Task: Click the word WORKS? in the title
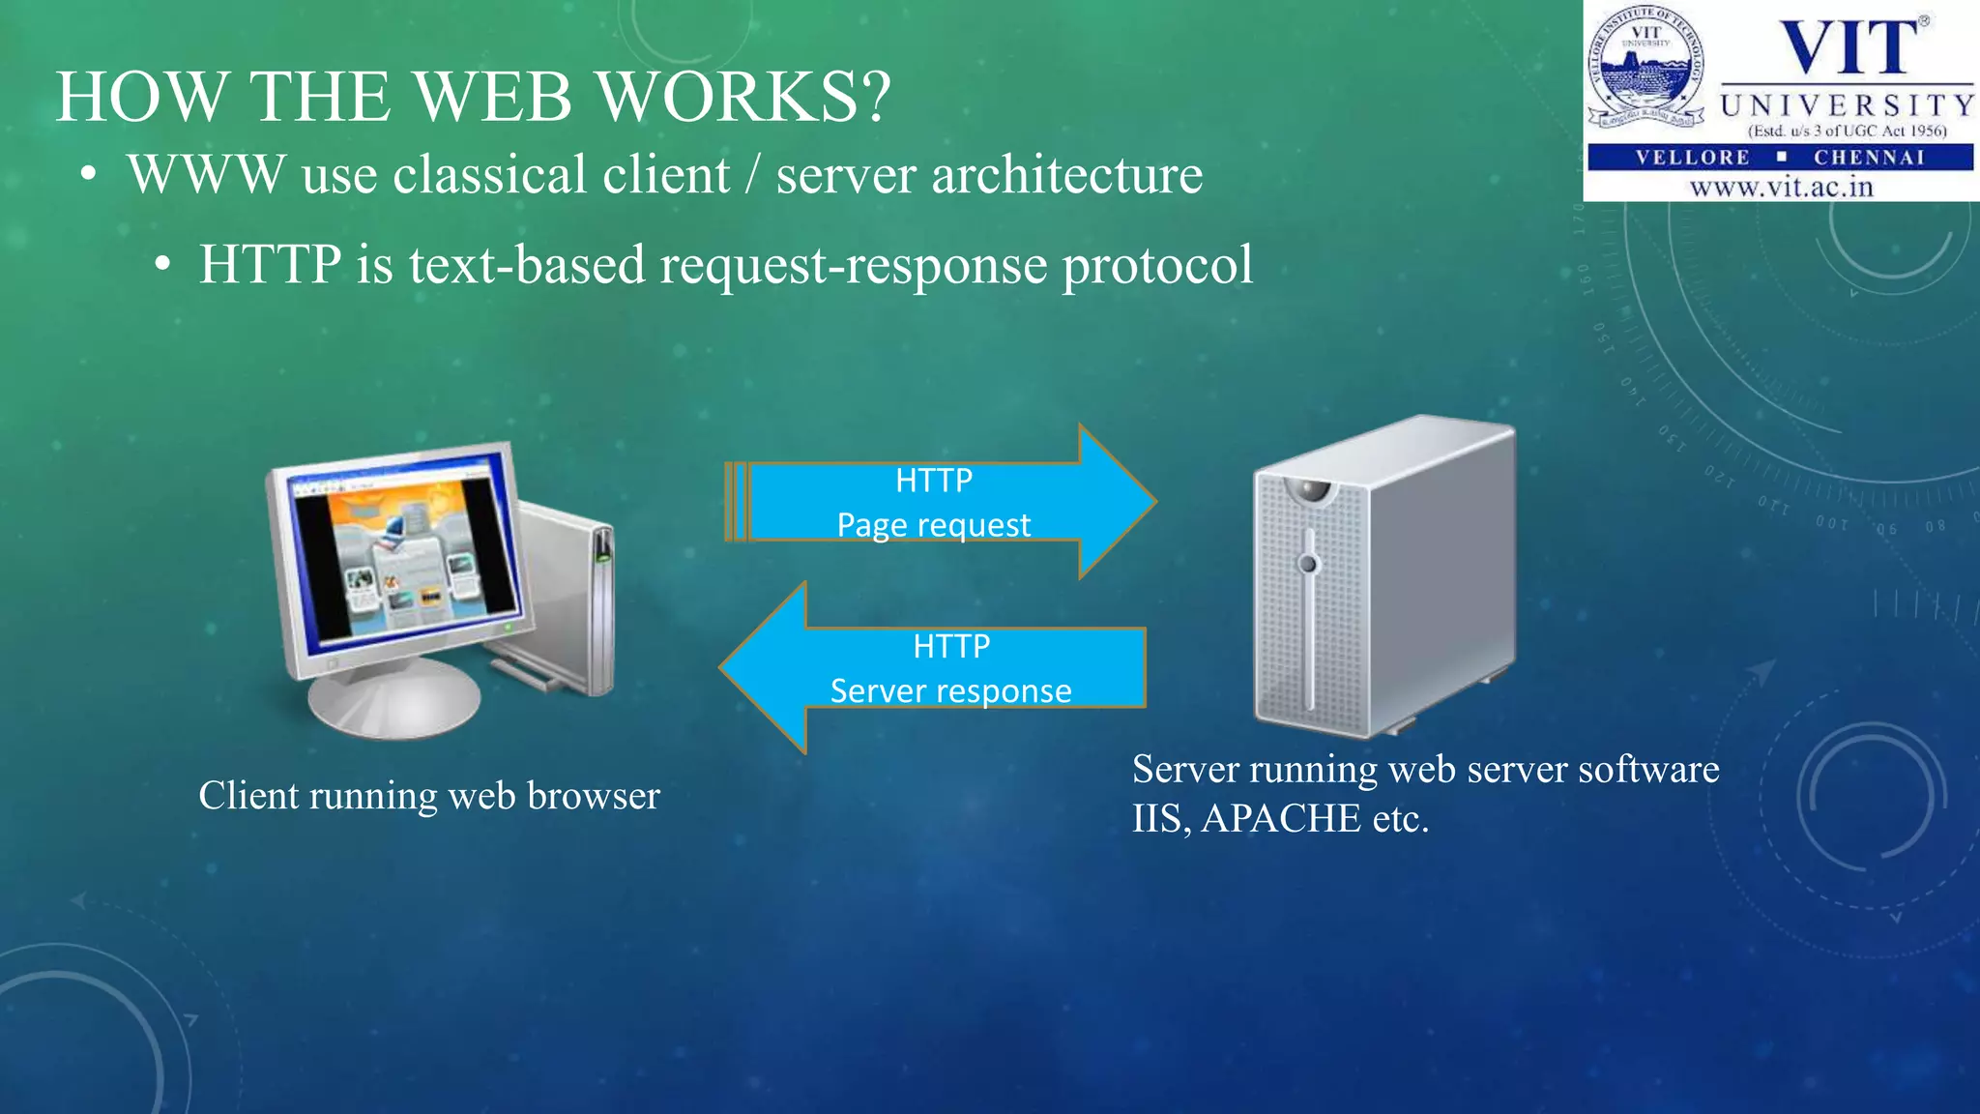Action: [x=742, y=97]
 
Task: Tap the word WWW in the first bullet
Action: [x=206, y=175]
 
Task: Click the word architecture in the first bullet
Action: [x=1066, y=175]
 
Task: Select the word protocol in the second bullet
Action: [x=1157, y=266]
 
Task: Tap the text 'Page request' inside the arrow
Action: [x=933, y=525]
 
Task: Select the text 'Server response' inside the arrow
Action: [x=950, y=691]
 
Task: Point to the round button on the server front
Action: [x=1308, y=563]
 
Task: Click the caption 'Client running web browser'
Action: [x=428, y=796]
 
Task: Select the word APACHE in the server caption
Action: [x=1281, y=819]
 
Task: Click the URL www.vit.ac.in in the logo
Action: [x=1781, y=187]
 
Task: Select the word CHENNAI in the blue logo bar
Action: [x=1869, y=158]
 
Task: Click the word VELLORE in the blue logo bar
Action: [x=1692, y=158]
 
